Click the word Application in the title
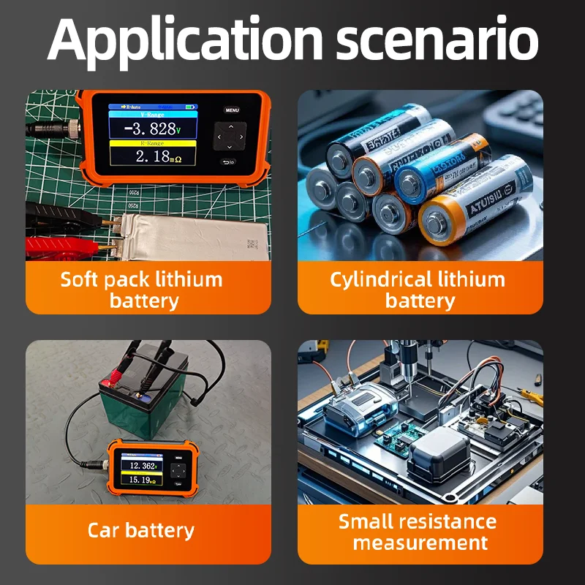(185, 40)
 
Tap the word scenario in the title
(437, 40)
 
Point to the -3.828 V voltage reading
(151, 129)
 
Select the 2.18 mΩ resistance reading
(151, 156)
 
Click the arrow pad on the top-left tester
(230, 136)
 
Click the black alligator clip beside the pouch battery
(66, 216)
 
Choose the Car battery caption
(141, 530)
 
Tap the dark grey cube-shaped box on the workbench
(439, 453)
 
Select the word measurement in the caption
(420, 543)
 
